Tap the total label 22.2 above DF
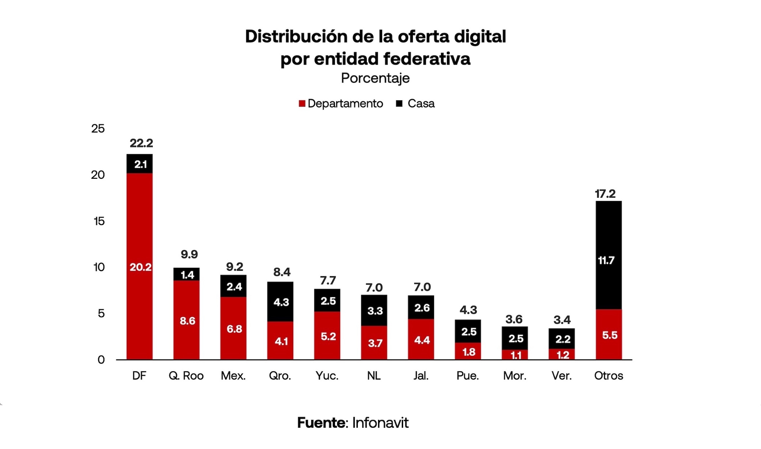141,143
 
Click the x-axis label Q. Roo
186,376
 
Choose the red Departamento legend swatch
302,104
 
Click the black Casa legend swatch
399,103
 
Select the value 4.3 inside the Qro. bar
281,302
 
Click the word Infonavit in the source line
380,423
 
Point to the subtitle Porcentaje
375,78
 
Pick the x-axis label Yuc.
327,376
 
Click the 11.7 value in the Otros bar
606,261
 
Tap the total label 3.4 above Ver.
562,320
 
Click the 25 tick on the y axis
98,129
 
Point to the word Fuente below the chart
321,423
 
